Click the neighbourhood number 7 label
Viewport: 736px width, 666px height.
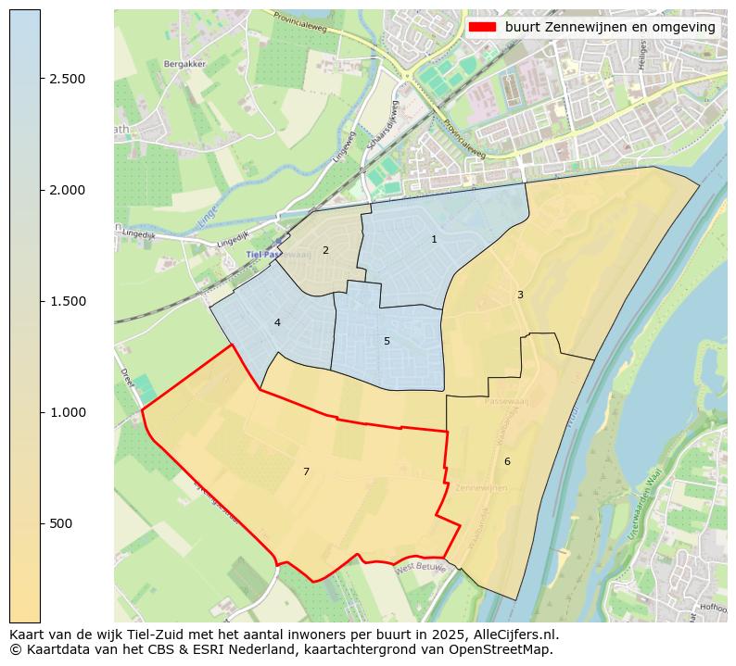tap(306, 472)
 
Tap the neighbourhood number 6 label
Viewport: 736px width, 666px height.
tap(507, 461)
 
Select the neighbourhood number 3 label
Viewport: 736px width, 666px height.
tap(520, 295)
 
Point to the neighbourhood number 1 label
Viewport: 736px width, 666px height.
tap(434, 240)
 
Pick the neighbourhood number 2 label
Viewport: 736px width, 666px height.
tap(325, 250)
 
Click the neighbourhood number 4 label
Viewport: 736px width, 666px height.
tap(277, 322)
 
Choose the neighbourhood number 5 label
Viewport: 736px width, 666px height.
tap(387, 341)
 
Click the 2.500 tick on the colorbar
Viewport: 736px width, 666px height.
tap(68, 79)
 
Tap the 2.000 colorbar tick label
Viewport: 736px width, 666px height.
tap(68, 190)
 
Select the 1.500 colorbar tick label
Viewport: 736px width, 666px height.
tap(68, 301)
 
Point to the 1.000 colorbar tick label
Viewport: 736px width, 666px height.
tap(68, 412)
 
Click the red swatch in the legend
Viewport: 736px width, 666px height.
tap(482, 27)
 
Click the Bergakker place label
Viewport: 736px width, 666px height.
tap(184, 64)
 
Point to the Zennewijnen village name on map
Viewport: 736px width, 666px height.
tap(482, 487)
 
